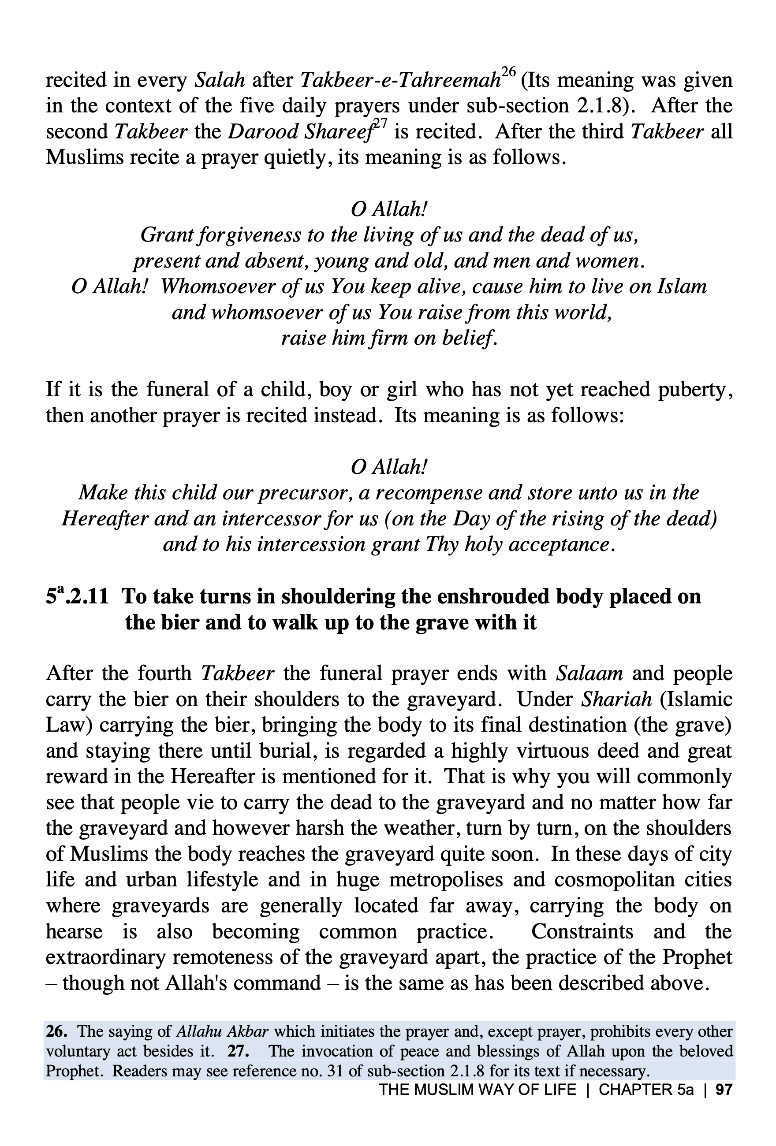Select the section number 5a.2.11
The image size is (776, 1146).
click(77, 597)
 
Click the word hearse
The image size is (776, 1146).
click(74, 931)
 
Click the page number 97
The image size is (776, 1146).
click(724, 1089)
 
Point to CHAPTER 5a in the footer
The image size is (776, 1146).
click(646, 1089)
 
